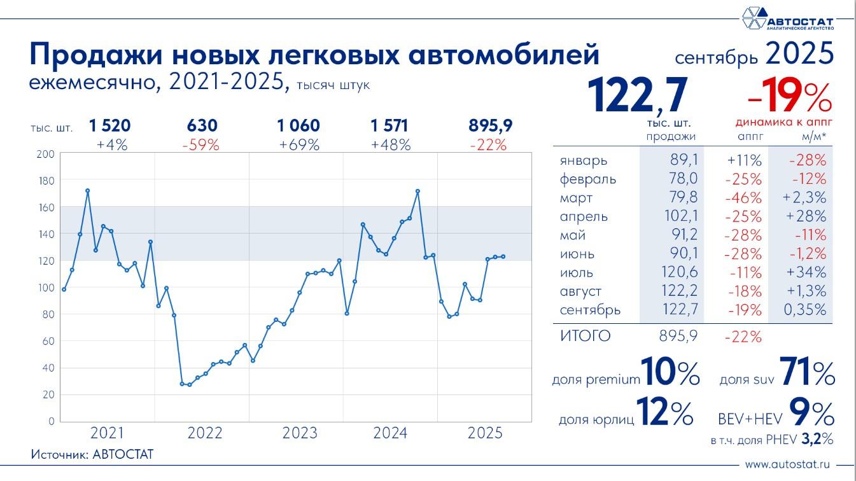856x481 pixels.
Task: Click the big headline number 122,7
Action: click(638, 95)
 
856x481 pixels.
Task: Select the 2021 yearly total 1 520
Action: click(109, 126)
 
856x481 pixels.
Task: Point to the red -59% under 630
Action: click(200, 145)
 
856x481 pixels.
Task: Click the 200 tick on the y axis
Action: click(46, 154)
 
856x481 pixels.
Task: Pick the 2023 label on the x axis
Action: click(300, 433)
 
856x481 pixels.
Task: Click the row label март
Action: click(577, 198)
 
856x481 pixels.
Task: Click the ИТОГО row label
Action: click(585, 336)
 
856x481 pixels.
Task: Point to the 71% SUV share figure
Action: click(804, 375)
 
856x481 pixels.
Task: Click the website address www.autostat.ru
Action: click(789, 465)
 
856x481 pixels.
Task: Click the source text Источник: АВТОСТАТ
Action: click(92, 454)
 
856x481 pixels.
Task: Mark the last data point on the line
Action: click(503, 257)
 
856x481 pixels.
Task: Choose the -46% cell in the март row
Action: click(744, 198)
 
